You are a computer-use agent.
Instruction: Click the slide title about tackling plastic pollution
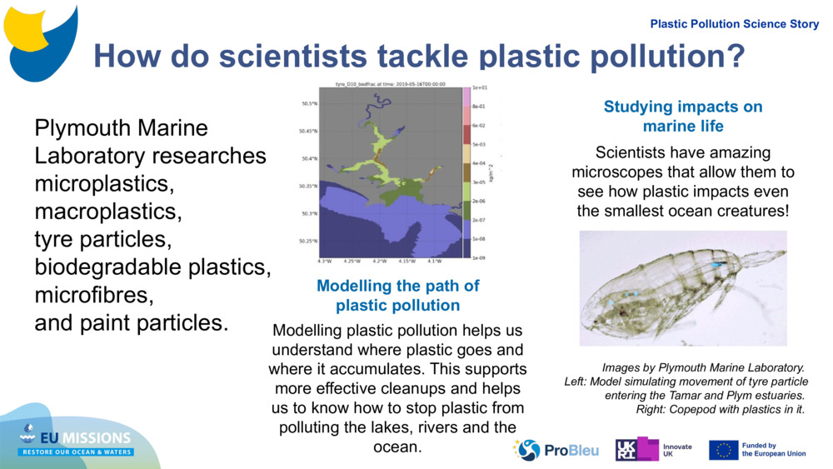coord(418,55)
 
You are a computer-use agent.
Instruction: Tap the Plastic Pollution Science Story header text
coord(734,24)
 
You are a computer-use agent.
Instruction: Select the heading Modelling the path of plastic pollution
coord(398,296)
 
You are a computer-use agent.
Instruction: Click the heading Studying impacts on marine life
coord(682,117)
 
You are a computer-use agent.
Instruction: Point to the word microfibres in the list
coord(94,296)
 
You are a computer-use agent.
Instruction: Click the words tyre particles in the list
coord(102,240)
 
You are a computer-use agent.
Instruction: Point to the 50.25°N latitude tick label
coord(307,242)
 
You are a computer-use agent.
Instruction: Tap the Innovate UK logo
coord(653,450)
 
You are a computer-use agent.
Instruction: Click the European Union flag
coord(723,450)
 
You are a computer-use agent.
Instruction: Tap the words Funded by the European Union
coord(774,450)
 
